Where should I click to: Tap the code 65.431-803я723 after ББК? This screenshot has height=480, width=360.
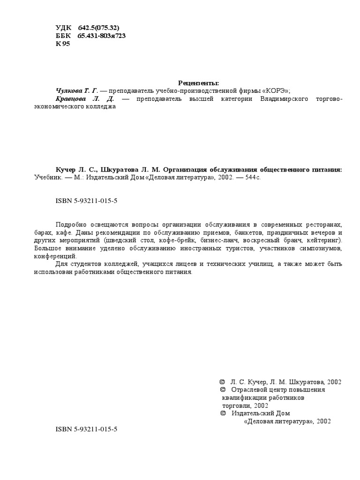[101, 36]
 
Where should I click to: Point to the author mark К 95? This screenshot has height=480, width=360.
[62, 44]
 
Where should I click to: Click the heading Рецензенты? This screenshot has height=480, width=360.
[199, 83]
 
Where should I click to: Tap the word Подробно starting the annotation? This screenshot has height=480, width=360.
[71, 225]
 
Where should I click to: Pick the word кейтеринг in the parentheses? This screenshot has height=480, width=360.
[324, 240]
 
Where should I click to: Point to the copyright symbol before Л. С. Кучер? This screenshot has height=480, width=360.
[222, 382]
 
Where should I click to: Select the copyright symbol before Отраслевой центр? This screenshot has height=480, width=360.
[222, 390]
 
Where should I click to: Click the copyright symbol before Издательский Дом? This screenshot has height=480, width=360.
[222, 413]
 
